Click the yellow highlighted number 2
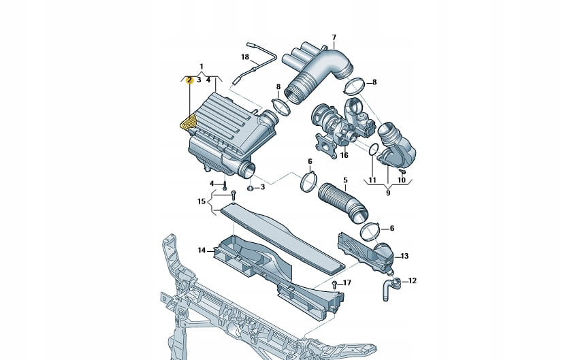point(189,80)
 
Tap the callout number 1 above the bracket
point(202,66)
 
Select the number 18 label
point(245,56)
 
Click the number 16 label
point(344,155)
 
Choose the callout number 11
point(372,180)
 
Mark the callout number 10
point(402,180)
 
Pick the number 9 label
point(388,193)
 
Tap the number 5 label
point(345,180)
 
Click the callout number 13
point(404,256)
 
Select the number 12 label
point(413,280)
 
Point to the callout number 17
point(347,282)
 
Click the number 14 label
point(202,250)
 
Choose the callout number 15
point(201,201)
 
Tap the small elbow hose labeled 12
point(391,287)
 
